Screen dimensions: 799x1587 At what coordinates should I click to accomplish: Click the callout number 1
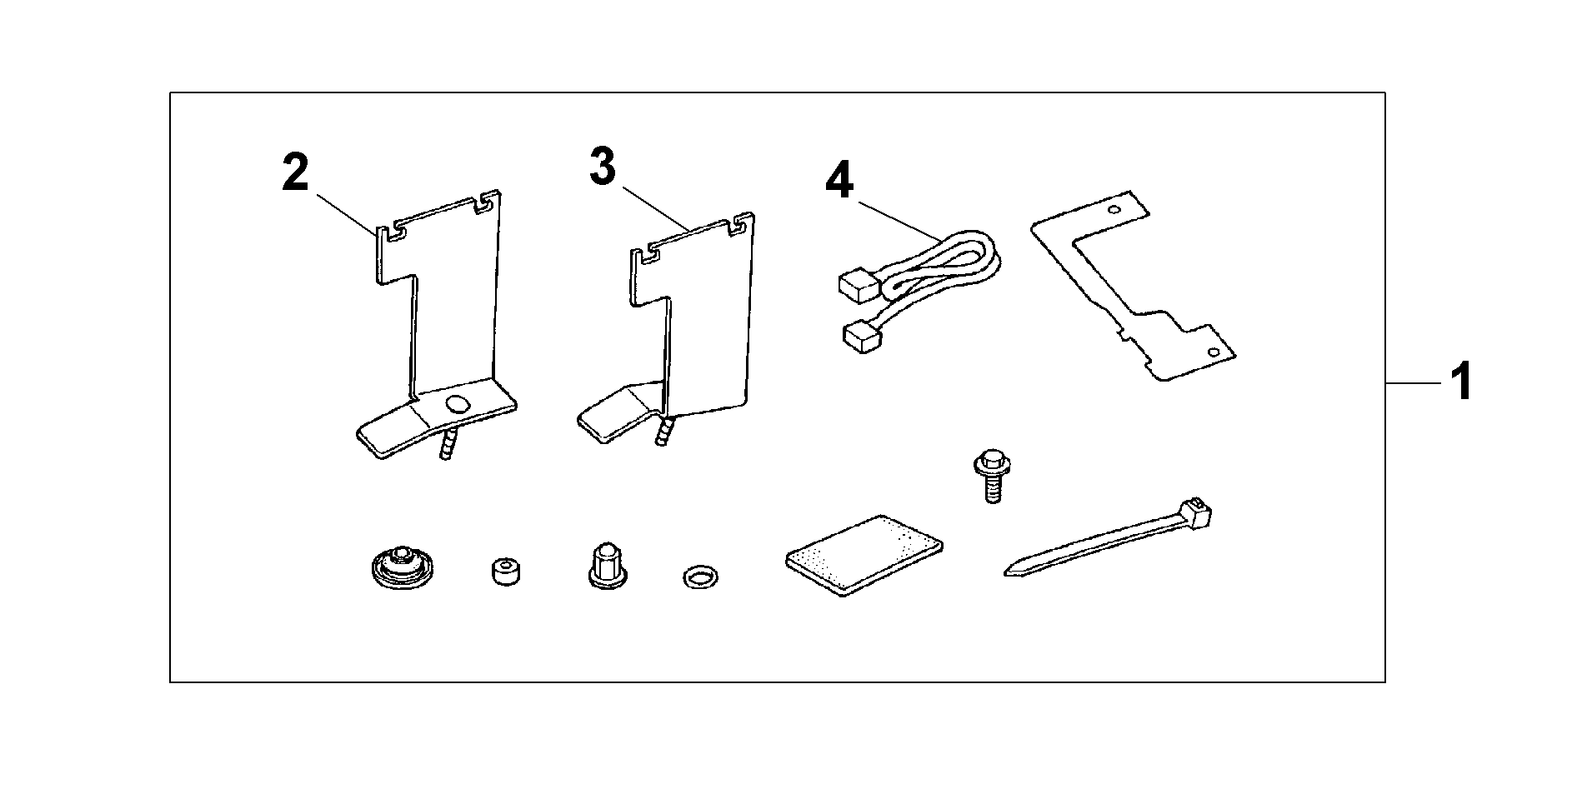[x=1460, y=383]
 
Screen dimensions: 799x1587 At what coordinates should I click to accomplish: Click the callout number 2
[x=294, y=174]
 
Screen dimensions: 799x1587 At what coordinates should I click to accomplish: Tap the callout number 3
[x=602, y=167]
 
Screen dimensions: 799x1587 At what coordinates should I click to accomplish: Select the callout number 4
[x=839, y=182]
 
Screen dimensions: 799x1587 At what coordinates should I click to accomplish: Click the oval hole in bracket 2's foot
[x=458, y=404]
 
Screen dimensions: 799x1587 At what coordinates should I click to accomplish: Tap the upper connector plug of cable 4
[x=855, y=287]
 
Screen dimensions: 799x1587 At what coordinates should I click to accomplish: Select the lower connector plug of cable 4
[x=861, y=337]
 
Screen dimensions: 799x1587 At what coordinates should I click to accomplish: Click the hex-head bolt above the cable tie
[x=989, y=476]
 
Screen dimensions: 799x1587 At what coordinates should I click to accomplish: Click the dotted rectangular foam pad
[x=864, y=554]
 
